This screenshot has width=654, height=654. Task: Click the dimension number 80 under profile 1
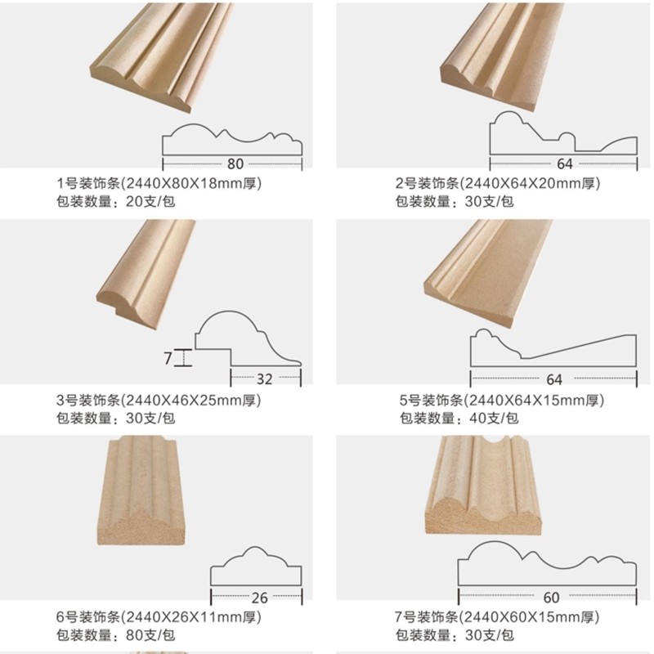point(235,163)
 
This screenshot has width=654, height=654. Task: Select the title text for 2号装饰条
point(498,184)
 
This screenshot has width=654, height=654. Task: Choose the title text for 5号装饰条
point(501,401)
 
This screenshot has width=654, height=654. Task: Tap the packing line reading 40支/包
point(459,419)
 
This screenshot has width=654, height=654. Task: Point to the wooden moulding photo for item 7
point(482,484)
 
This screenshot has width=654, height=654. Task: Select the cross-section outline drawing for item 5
point(553,348)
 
